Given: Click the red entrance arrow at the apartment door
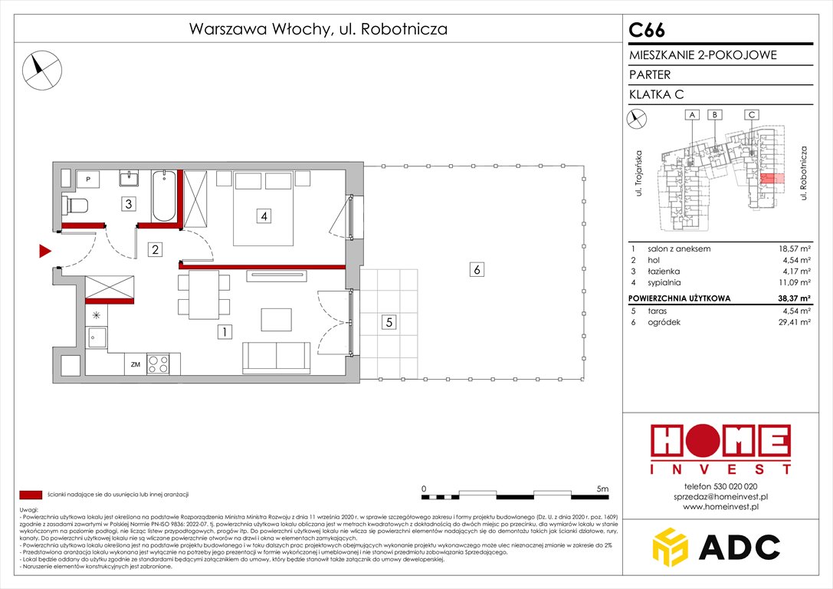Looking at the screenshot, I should (44, 251).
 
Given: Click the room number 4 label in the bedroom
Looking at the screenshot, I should (264, 217).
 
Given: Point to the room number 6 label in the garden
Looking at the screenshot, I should (476, 269).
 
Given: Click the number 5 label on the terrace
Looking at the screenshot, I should (389, 323).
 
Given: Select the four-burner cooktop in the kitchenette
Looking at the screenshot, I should (159, 364).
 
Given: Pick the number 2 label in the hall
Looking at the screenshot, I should (156, 249).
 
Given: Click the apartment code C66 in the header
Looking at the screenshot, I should (647, 30).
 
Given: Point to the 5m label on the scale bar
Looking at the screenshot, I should (602, 489).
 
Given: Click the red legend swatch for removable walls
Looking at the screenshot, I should (31, 495).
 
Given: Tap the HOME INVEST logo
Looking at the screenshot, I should (720, 449).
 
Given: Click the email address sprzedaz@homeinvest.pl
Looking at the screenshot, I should (720, 496).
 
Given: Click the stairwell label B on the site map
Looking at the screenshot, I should (714, 115).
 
